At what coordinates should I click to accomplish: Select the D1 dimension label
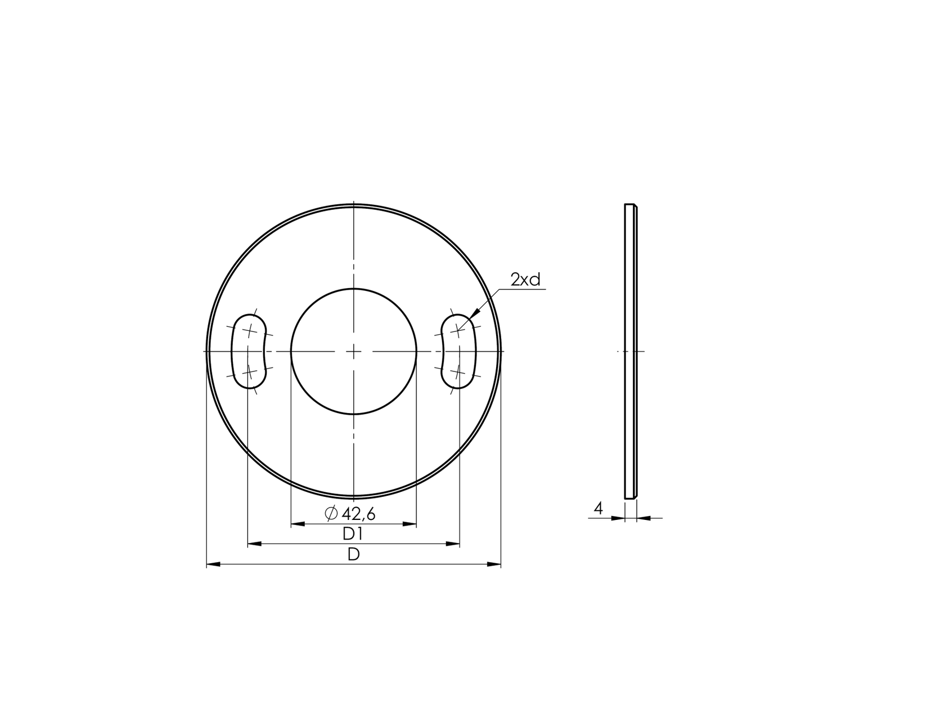[x=353, y=534]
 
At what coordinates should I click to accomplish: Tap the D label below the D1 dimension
[x=353, y=554]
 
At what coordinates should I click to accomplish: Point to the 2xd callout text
[x=525, y=280]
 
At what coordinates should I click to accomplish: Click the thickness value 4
[x=598, y=509]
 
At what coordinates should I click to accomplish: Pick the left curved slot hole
[x=249, y=351]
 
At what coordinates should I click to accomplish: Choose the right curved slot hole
[x=458, y=351]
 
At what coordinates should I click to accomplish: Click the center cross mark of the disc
[x=353, y=352]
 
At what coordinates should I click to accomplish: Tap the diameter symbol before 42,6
[x=331, y=513]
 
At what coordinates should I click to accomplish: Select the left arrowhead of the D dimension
[x=213, y=564]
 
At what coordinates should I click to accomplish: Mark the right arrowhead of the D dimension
[x=494, y=564]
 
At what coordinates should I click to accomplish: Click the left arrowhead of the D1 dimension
[x=254, y=544]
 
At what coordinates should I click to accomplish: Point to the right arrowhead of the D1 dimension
[x=453, y=544]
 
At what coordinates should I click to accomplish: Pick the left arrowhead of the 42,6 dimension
[x=297, y=524]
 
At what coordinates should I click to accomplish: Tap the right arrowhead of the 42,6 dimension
[x=410, y=524]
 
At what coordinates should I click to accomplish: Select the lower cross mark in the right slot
[x=458, y=372]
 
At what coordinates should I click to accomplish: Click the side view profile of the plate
[x=631, y=351]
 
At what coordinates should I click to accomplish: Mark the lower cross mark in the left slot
[x=249, y=372]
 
